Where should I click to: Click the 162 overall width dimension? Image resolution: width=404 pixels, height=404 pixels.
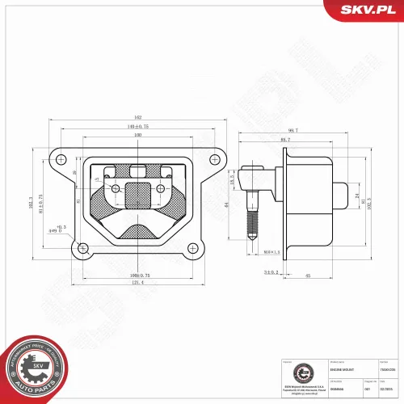[138, 118]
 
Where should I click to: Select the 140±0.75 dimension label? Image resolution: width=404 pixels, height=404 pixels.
[138, 126]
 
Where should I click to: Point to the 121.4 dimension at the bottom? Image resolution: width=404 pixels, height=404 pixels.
[138, 282]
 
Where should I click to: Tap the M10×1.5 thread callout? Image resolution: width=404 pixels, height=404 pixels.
[271, 251]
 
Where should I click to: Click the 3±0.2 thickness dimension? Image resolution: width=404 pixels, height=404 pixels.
[271, 273]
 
